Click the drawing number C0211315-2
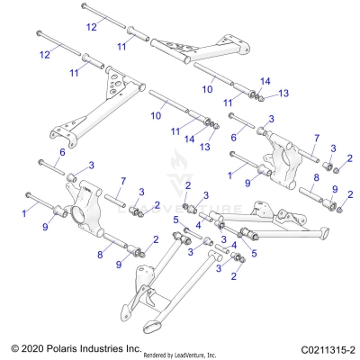317,347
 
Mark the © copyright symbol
12,347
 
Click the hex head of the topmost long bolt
83,7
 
